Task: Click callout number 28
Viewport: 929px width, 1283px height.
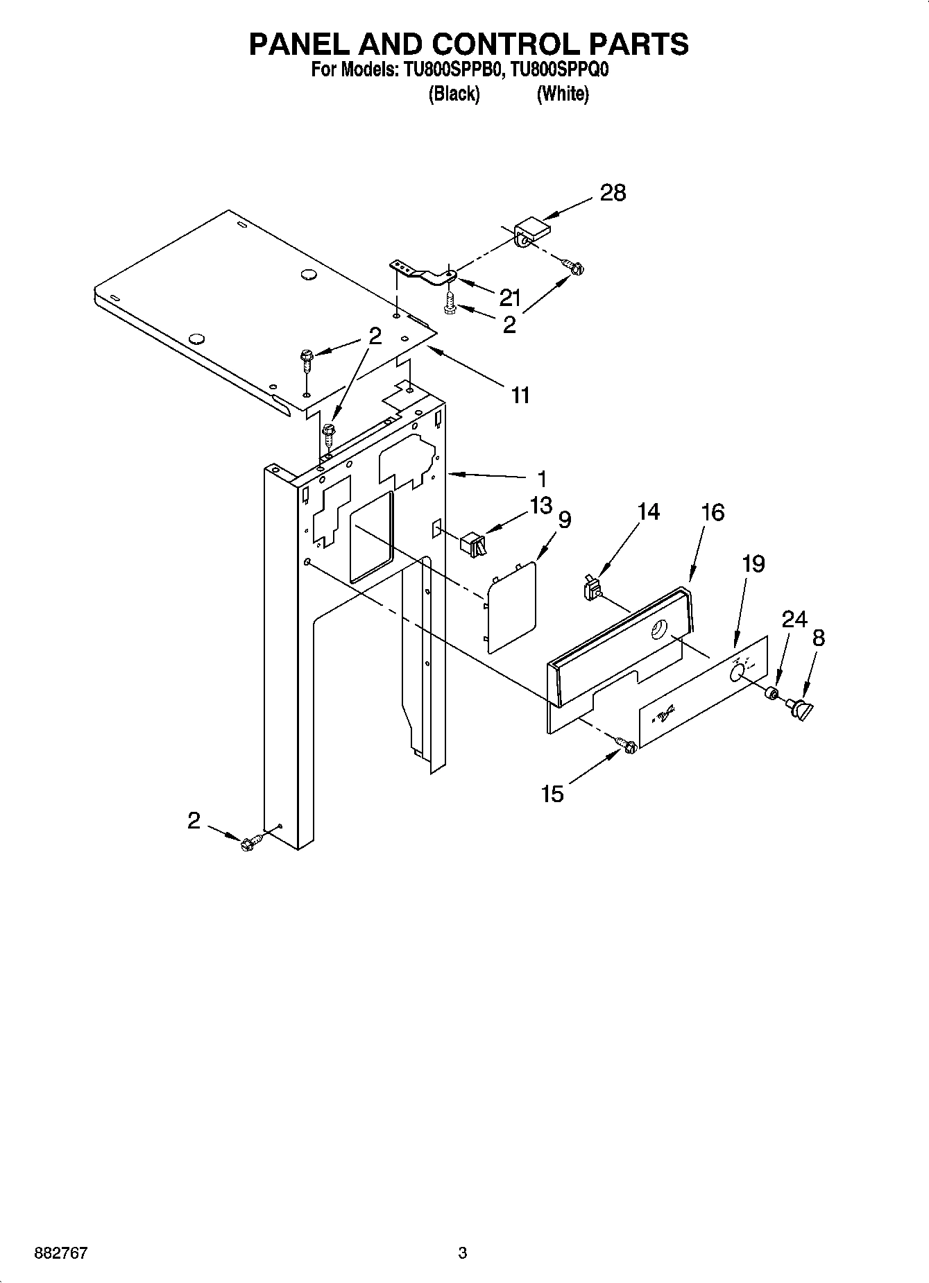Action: (613, 192)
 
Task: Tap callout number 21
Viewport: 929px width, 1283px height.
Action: (509, 298)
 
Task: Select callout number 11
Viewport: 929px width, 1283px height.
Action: (520, 396)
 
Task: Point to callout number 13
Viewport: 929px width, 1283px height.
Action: (541, 504)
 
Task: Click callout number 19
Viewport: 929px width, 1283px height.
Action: (753, 563)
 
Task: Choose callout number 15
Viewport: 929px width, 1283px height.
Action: (552, 793)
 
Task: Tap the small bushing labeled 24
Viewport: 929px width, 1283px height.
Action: (771, 693)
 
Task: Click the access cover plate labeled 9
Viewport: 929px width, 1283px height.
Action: (512, 606)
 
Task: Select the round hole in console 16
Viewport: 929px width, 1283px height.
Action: (656, 630)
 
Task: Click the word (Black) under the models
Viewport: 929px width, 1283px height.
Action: (454, 94)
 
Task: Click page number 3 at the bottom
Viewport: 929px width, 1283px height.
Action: (463, 1253)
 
